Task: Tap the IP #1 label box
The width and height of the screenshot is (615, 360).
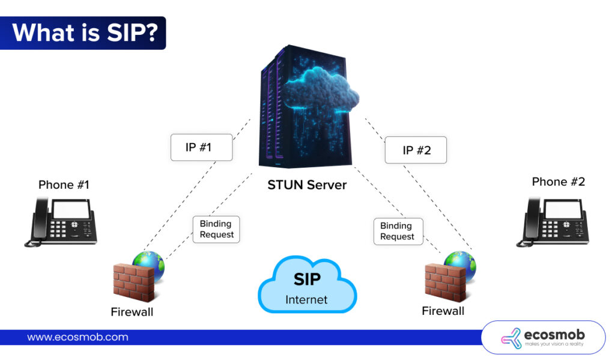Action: coord(201,147)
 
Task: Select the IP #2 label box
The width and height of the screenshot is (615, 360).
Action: coord(416,150)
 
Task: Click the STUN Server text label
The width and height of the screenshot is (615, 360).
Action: coord(307,185)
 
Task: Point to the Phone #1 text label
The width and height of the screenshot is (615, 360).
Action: coord(64,185)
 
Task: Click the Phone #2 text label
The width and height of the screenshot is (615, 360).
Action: coord(558,182)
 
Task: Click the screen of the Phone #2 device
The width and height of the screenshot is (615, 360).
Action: coord(565,209)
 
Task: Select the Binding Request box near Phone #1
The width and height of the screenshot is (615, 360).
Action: coord(216,229)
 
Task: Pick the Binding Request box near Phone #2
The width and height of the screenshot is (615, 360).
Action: coord(396,231)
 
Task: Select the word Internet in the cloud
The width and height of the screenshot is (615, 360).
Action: coord(306,299)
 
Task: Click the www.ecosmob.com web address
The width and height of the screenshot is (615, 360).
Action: coord(77,337)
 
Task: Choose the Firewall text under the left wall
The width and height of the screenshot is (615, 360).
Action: coord(132,312)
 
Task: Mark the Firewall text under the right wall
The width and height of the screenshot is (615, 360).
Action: coord(443,311)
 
